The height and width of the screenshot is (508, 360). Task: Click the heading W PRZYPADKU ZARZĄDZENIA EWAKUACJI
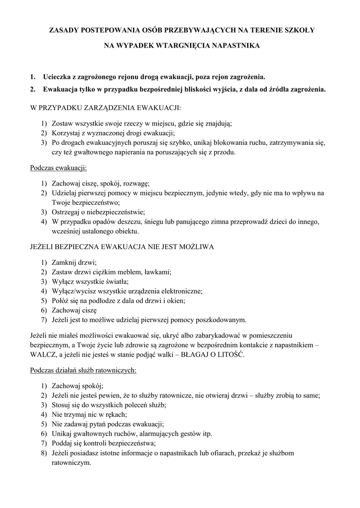106,107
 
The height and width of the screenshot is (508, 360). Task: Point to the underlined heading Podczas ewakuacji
59,168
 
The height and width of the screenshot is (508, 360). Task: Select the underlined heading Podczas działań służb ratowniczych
83,370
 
